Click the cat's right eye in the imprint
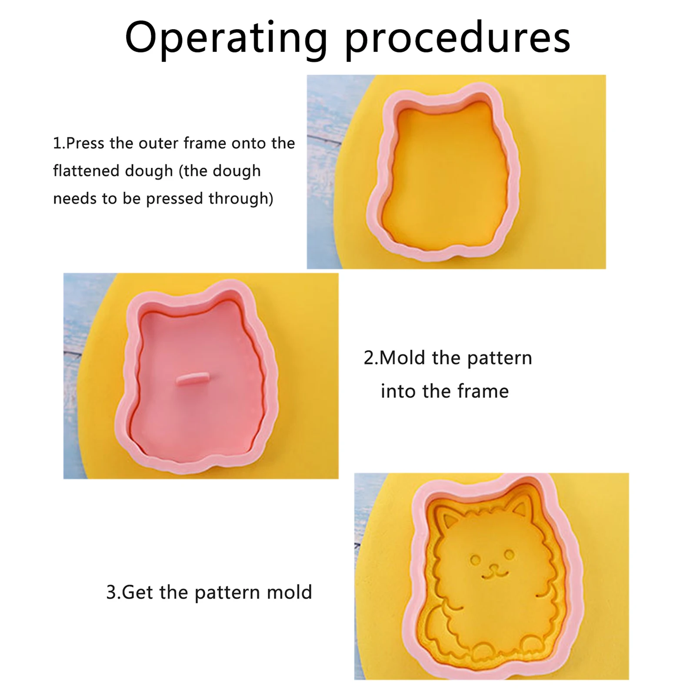509,554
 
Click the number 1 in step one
57,143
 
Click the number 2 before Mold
369,358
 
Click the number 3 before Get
111,592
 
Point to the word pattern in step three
227,593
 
